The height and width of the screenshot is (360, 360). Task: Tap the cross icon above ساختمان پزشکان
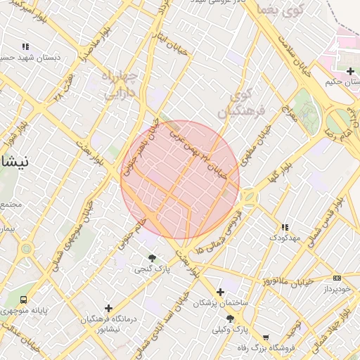pyautogui.click(x=221, y=292)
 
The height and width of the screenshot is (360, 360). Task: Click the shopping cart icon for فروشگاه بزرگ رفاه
pyautogui.click(x=265, y=336)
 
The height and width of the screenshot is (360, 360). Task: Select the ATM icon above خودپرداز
pyautogui.click(x=337, y=278)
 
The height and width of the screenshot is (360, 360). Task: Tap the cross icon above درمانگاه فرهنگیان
pyautogui.click(x=108, y=308)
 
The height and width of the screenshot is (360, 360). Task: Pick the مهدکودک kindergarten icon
pyautogui.click(x=285, y=227)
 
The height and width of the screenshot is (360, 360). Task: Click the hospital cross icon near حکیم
pyautogui.click(x=350, y=71)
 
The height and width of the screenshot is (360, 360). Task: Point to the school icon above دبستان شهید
pyautogui.click(x=25, y=46)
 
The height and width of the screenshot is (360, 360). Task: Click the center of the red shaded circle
pyautogui.click(x=180, y=179)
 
